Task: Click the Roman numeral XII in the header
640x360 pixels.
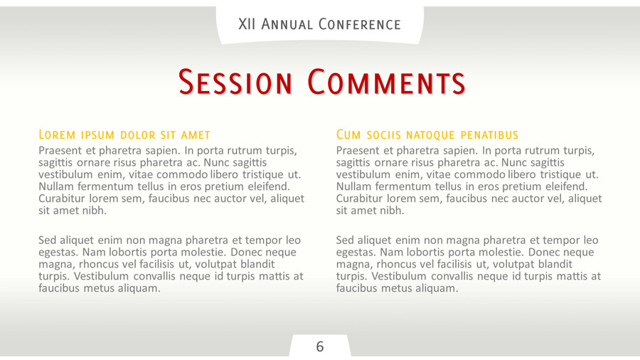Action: tap(248, 24)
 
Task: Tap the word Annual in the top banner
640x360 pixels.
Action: tap(287, 24)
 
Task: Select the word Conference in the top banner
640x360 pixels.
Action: tap(360, 24)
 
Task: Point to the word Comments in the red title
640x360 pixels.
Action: tap(386, 83)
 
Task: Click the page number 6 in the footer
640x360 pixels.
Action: tap(320, 346)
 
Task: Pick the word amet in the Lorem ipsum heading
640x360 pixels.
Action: tap(196, 134)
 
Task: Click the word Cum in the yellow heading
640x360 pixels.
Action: tap(348, 134)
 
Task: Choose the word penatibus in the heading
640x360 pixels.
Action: tap(489, 134)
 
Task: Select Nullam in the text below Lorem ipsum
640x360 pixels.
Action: tap(56, 186)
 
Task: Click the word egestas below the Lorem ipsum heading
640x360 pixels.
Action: tap(58, 253)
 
